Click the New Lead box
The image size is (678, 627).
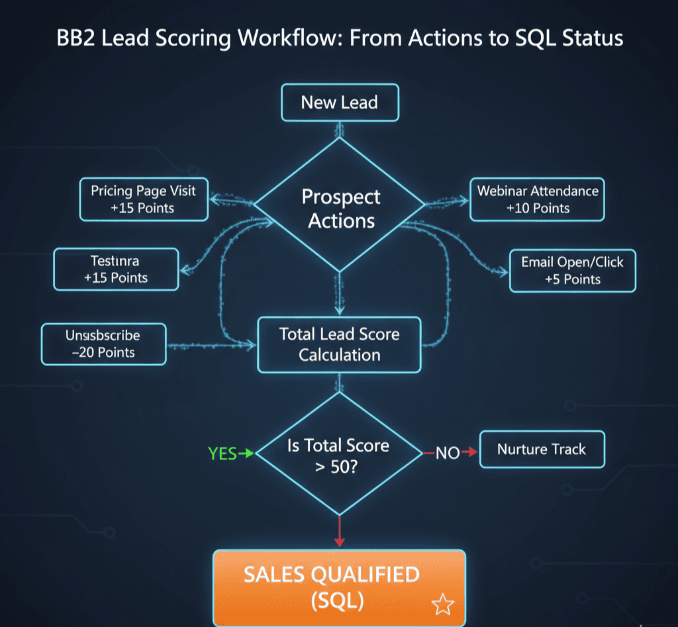coord(340,103)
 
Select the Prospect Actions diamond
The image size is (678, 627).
coord(340,208)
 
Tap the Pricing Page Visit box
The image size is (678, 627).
coord(144,199)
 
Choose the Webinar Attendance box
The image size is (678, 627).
coord(537,199)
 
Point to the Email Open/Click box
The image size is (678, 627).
coord(572,270)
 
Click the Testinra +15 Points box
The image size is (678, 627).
coord(116,269)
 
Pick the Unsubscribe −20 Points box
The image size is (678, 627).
coord(103,344)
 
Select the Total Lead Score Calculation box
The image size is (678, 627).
coord(339,344)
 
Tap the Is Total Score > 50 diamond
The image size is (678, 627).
coord(339,454)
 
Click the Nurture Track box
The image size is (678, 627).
coord(542,450)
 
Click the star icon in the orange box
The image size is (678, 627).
coord(442,604)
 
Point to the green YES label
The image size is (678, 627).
coord(222,454)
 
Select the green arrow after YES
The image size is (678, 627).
coord(246,454)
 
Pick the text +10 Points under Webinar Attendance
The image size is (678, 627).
coord(537,208)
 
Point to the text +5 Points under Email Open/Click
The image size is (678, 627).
coord(572,279)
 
